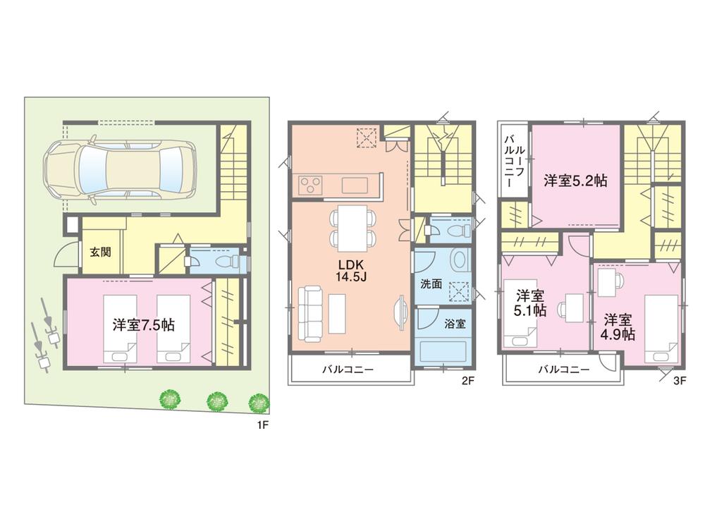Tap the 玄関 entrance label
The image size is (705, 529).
click(x=99, y=252)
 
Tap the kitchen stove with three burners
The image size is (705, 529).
click(x=310, y=186)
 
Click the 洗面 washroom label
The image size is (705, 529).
click(x=431, y=284)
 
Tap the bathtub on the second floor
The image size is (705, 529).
click(x=444, y=351)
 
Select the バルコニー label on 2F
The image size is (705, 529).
click(x=348, y=369)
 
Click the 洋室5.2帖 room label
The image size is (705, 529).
click(x=575, y=181)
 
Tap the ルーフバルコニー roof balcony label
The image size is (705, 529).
click(x=513, y=160)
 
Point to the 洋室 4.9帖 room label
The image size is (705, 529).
click(x=618, y=326)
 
